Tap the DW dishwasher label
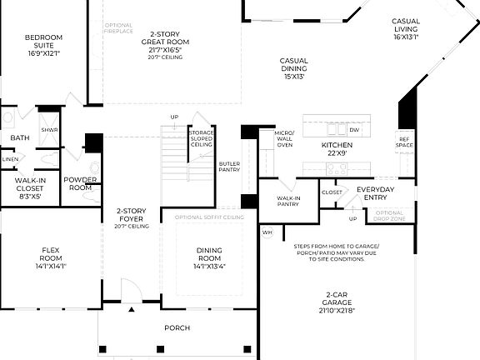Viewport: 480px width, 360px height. pos(354,130)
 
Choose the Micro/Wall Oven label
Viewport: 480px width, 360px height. pos(284,137)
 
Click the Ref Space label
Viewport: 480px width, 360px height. pos(404,142)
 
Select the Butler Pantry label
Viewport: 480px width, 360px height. pos(229,167)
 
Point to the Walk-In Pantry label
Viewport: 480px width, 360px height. pos(288,201)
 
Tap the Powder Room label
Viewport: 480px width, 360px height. pos(80,183)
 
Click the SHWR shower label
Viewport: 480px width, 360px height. pos(49,130)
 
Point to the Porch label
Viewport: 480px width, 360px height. pos(176,327)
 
